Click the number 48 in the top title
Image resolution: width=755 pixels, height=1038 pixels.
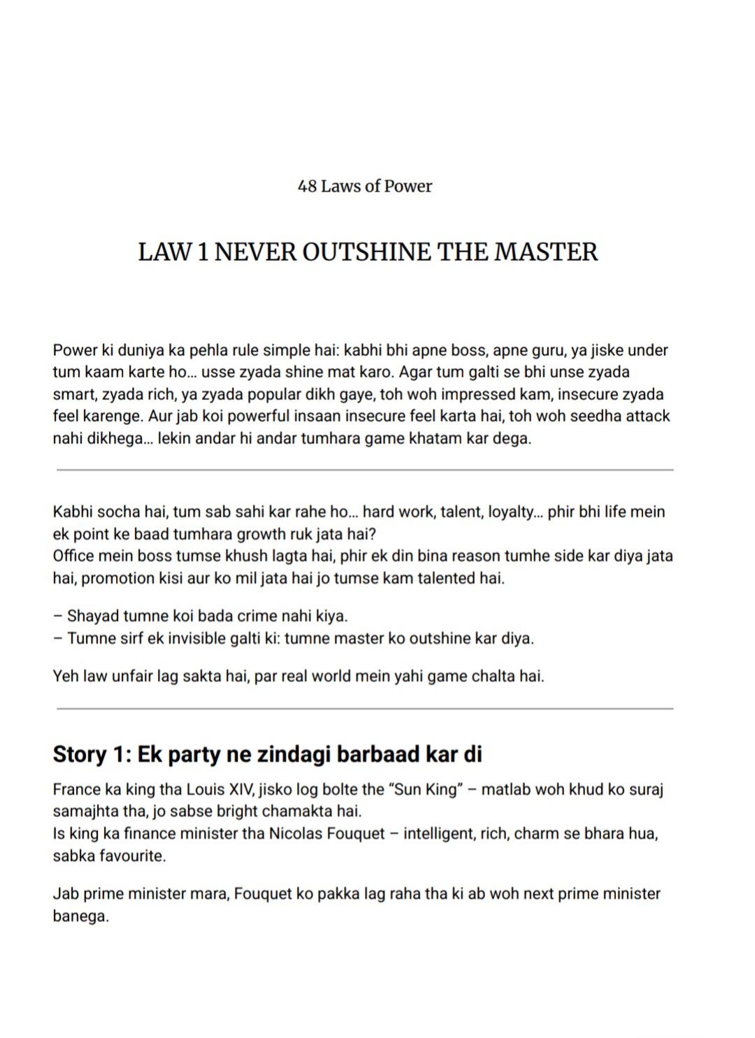[x=307, y=186]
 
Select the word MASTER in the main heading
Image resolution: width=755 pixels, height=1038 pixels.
[x=546, y=252]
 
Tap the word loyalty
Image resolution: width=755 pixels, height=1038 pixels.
[x=511, y=512]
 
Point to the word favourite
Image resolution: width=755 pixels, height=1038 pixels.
[x=132, y=856]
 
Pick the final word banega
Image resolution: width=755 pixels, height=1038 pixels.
[x=80, y=916]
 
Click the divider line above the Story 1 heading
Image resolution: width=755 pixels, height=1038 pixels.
[x=365, y=709]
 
